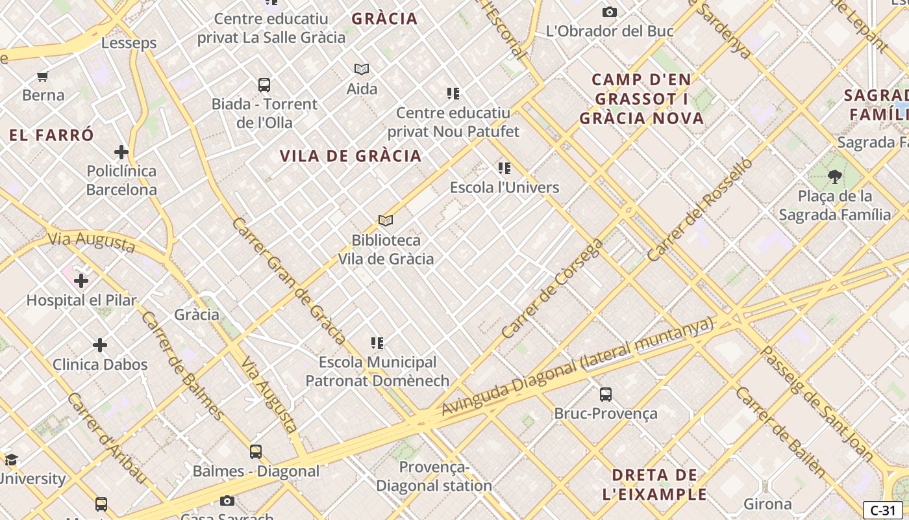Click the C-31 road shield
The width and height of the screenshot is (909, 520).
(x=882, y=510)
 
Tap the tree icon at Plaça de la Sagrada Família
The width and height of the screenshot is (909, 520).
(x=835, y=176)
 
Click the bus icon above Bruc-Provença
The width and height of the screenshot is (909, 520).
(x=605, y=394)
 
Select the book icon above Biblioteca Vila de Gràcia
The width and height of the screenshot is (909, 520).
(x=386, y=221)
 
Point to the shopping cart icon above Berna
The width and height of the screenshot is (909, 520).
(x=43, y=76)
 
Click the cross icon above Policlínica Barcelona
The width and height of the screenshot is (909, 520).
(x=121, y=152)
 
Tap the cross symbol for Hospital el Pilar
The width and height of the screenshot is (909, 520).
(x=81, y=281)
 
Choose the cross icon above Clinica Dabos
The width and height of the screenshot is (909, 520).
(x=100, y=345)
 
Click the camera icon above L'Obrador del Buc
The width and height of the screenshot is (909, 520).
(x=609, y=12)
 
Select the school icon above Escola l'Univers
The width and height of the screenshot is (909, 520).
(x=504, y=168)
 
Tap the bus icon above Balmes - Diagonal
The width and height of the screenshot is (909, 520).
(x=256, y=451)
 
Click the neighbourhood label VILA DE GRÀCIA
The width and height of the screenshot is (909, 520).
(x=351, y=156)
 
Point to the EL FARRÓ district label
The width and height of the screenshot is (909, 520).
(x=52, y=135)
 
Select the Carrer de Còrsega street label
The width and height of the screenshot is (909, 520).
(x=553, y=289)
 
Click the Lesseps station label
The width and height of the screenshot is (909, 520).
(x=129, y=43)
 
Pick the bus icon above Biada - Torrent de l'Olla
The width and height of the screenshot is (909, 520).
(x=264, y=84)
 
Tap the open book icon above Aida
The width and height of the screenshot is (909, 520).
(x=362, y=69)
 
